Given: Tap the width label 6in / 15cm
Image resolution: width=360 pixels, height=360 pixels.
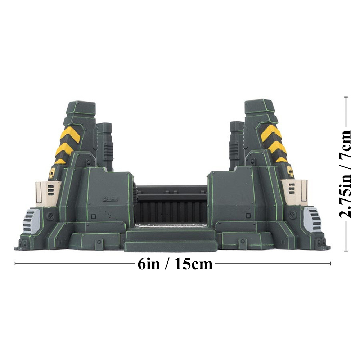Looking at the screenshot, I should coord(175,264).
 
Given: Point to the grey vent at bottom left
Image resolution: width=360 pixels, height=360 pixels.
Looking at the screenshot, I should coord(31,221).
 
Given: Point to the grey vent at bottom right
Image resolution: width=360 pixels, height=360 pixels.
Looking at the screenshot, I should coord(312,219).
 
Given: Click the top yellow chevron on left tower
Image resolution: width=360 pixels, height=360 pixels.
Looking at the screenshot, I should coord(70,134).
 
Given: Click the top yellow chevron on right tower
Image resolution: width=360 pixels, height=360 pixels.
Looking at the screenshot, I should coord(271,132).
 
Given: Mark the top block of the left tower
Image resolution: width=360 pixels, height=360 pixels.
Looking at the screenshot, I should coord(81,109).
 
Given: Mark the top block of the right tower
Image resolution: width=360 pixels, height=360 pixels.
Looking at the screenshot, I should coord(260,107).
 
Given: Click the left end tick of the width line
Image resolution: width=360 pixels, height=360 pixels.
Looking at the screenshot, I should coord(15,264).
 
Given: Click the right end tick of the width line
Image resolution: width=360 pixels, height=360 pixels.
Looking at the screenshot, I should coord(330,264).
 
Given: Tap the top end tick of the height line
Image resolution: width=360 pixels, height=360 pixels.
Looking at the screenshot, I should coord(346,98).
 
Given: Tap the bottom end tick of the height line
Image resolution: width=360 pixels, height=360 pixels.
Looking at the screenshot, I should coord(346,251).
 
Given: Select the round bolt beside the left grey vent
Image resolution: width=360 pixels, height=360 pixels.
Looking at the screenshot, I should coord(50,217).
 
